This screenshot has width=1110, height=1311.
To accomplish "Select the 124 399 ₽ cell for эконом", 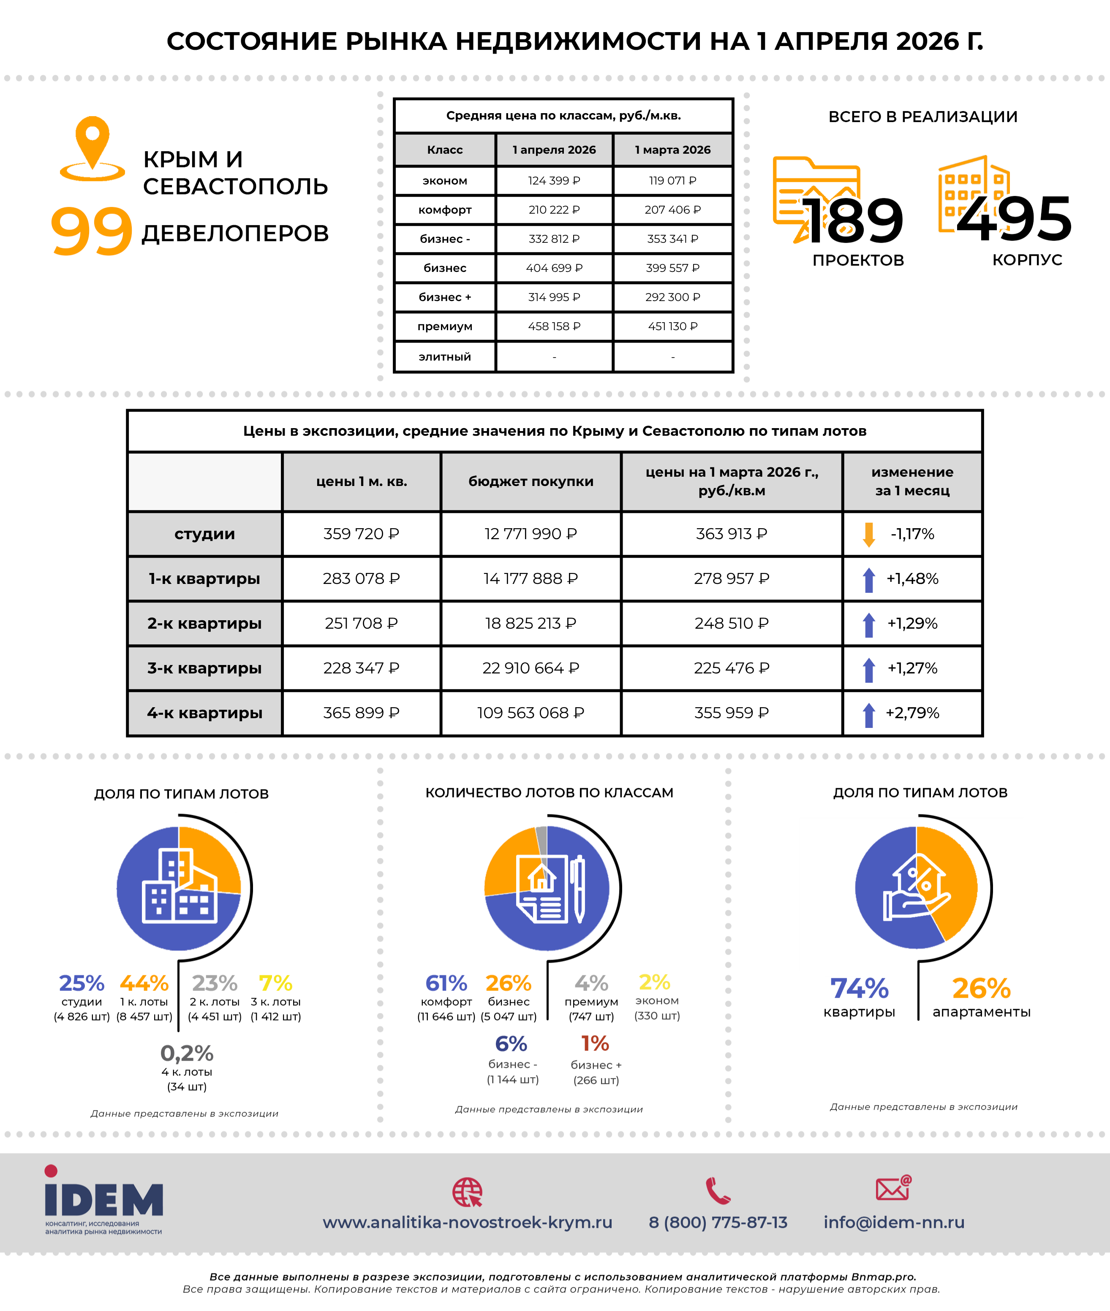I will [x=554, y=181].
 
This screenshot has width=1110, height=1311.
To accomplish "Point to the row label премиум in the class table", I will [x=444, y=326].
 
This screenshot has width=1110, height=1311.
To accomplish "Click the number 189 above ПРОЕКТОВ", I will [x=854, y=221].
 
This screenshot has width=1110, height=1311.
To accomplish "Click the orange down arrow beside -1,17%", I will [x=868, y=534].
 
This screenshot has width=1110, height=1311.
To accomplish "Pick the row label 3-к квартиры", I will [x=204, y=668].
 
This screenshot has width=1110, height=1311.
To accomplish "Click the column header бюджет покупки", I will [x=531, y=481].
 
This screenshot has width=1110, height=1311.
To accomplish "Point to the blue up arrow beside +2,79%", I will [x=868, y=714].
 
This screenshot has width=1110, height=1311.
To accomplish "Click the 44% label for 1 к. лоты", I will [x=144, y=983].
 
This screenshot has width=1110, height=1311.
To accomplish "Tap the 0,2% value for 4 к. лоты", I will [x=187, y=1053].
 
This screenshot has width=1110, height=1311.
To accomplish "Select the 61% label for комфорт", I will [x=446, y=983].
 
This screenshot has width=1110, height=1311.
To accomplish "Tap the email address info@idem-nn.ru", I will [x=894, y=1222].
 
